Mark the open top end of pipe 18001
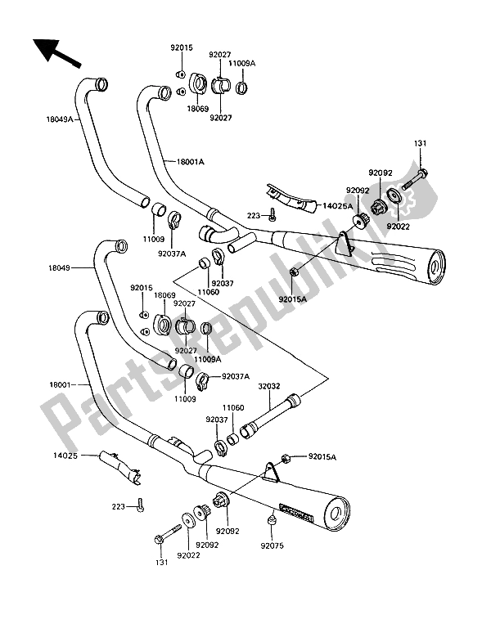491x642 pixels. pyautogui.click(x=101, y=316)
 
